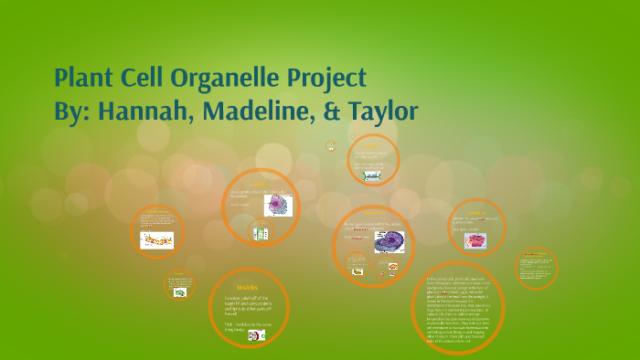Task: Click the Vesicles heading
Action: (247, 287)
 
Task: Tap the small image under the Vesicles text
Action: (257, 335)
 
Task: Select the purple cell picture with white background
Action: (277, 205)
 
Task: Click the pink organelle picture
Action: (475, 241)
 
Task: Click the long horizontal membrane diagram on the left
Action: (156, 240)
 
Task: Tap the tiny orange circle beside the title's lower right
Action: (331, 146)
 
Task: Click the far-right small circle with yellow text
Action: (536, 268)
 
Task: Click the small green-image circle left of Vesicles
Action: (180, 286)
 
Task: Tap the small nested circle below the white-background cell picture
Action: (261, 233)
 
